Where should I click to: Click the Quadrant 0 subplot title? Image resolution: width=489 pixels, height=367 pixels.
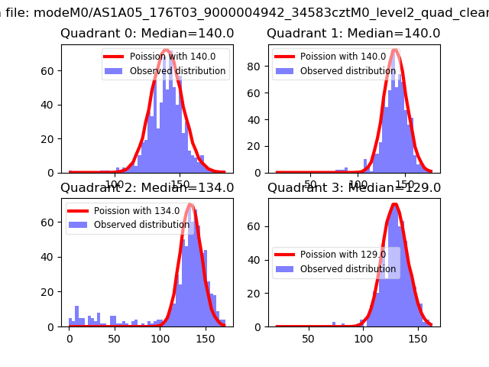[x=147, y=34]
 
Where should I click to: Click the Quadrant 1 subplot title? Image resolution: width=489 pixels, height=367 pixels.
[x=354, y=34]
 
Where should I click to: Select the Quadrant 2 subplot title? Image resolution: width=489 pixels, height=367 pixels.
[x=147, y=188]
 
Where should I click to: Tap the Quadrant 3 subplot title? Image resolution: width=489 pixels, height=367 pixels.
[x=354, y=188]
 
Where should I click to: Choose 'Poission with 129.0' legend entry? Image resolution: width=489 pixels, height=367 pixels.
[x=343, y=255]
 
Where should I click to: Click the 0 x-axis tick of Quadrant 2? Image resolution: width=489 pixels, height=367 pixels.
[x=70, y=337]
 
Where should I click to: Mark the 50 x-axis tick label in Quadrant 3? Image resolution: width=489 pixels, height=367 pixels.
[x=309, y=337]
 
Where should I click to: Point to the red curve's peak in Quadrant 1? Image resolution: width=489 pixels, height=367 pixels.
[x=395, y=50]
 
